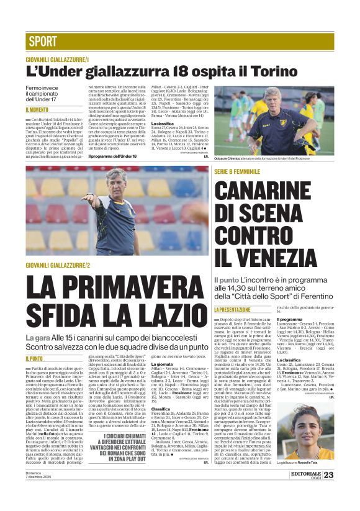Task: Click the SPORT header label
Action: click(x=42, y=42)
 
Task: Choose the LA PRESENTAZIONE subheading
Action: click(x=233, y=309)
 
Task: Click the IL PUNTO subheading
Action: click(x=35, y=358)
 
